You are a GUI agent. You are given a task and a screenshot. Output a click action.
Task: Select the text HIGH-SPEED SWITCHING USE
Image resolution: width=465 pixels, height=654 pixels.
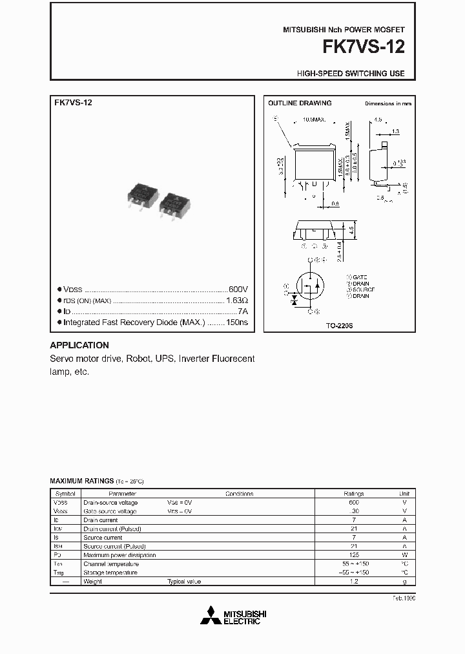click(351, 74)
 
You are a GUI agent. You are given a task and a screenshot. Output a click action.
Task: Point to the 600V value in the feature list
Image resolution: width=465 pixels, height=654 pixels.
click(238, 290)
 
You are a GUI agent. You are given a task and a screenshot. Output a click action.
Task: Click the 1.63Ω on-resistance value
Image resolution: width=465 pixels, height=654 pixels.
click(236, 301)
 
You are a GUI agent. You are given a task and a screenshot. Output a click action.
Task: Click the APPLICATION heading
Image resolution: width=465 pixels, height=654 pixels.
click(79, 345)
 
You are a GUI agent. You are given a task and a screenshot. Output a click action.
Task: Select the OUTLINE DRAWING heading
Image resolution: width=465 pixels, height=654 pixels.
click(300, 103)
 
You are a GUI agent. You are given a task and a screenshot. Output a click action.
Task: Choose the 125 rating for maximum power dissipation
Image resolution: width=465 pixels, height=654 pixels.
click(354, 555)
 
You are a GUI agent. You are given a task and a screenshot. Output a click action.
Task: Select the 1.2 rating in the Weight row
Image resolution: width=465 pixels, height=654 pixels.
click(354, 582)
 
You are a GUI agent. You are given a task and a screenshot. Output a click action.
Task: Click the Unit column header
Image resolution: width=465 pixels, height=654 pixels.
click(405, 494)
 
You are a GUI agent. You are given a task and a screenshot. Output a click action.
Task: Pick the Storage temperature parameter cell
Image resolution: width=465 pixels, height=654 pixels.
click(110, 573)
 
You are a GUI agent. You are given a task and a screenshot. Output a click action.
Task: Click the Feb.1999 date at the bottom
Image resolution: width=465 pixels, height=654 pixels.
click(404, 598)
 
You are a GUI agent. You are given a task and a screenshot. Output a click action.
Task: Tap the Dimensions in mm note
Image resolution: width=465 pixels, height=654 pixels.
click(387, 103)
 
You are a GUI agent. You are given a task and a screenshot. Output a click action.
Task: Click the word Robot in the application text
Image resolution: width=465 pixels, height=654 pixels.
click(138, 359)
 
